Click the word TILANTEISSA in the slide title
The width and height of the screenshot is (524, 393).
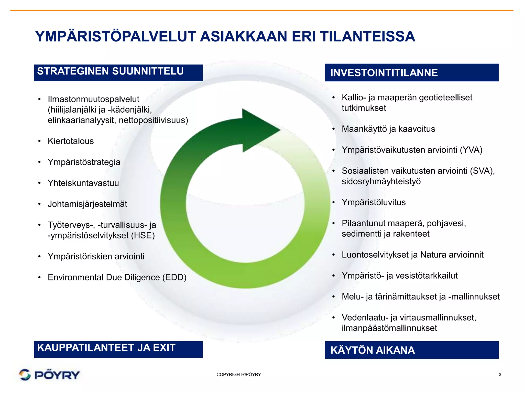tap(367, 37)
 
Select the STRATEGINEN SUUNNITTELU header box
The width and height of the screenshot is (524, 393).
tap(118, 73)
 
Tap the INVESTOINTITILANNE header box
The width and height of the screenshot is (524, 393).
tap(411, 73)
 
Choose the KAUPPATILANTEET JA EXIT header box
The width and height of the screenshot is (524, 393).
tap(118, 349)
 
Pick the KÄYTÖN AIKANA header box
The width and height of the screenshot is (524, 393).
tap(411, 350)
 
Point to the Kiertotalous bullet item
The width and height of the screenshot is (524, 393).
tap(71, 141)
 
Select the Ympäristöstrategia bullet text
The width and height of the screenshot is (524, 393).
tap(84, 162)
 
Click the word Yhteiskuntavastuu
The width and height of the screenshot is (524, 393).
tap(83, 183)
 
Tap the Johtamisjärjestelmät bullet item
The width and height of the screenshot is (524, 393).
tap(87, 204)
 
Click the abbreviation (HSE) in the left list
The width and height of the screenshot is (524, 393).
tap(143, 235)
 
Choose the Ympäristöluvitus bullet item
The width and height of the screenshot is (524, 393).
tap(374, 202)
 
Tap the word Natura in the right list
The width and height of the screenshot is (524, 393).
tap(433, 255)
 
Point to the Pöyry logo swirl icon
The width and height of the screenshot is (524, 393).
tap(25, 375)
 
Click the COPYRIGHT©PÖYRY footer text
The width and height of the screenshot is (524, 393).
tap(238, 375)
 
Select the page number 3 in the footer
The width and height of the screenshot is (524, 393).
tap(500, 375)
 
